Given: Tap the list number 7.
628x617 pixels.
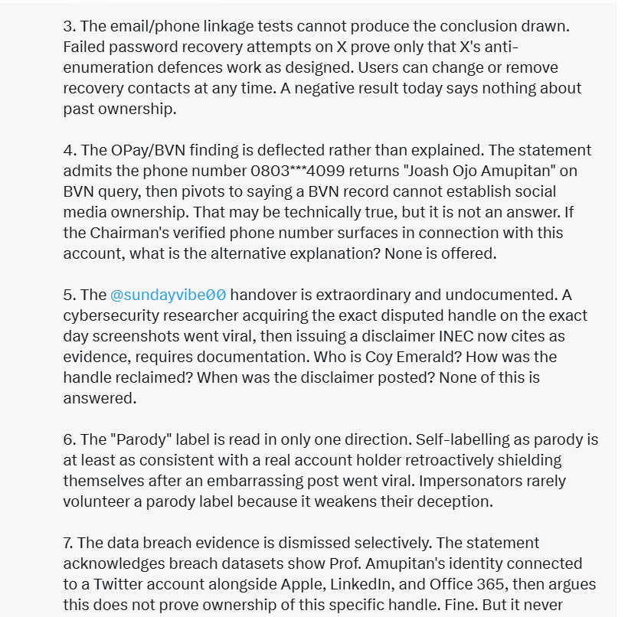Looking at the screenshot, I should click(x=67, y=543).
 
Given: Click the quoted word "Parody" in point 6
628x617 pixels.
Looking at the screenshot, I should click(x=143, y=439).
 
